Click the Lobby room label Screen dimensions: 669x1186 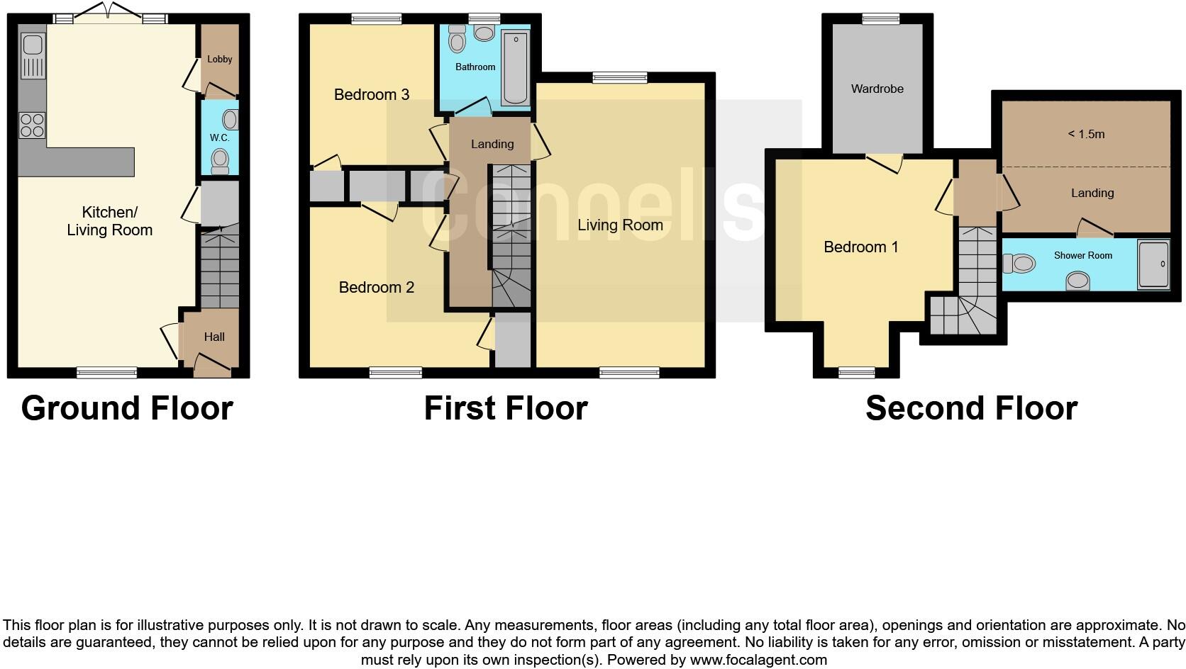tap(219, 60)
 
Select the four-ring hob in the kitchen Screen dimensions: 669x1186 tap(32, 125)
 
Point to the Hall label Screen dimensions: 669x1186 tap(214, 337)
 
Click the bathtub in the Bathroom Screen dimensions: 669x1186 tap(515, 69)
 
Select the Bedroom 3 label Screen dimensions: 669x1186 tap(372, 95)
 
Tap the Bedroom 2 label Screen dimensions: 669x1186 tap(376, 288)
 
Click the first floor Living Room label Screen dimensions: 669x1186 tap(620, 225)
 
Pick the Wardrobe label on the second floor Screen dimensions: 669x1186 tap(877, 89)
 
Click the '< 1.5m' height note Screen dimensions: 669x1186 tap(1086, 135)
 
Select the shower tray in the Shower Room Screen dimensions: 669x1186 tap(1153, 264)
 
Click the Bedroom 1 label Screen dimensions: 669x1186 tap(860, 247)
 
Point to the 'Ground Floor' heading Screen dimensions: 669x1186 tap(127, 408)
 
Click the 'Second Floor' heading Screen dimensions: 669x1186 tap(971, 408)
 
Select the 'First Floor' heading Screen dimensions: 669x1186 tap(506, 408)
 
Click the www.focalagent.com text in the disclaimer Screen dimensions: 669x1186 tap(758, 660)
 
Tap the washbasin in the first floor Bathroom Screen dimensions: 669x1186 tap(484, 33)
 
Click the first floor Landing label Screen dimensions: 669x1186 tap(492, 145)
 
